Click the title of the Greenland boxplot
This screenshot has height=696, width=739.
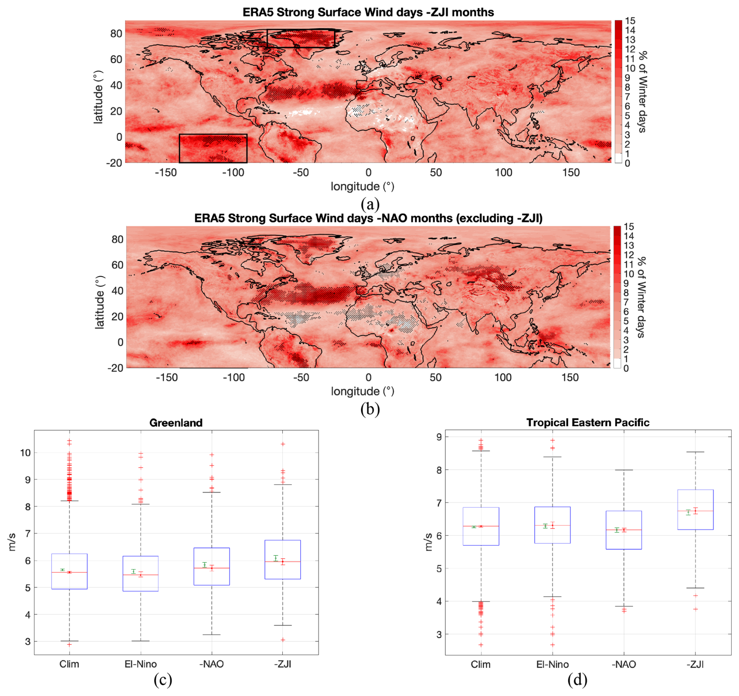click(x=176, y=423)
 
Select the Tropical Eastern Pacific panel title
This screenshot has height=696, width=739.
click(x=587, y=422)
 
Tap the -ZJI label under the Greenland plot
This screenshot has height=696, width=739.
click(x=282, y=664)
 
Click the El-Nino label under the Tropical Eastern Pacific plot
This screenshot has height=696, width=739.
click(x=552, y=664)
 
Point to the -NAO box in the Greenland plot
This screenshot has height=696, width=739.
click(x=212, y=566)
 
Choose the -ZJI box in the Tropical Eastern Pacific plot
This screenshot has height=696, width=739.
click(x=695, y=509)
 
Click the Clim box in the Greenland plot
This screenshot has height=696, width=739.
click(x=70, y=571)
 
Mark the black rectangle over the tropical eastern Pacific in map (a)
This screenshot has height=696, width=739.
click(x=213, y=148)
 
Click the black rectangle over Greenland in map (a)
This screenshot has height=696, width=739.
click(x=301, y=38)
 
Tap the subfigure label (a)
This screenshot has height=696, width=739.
click(x=370, y=203)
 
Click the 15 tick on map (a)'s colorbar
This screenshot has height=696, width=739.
click(x=630, y=21)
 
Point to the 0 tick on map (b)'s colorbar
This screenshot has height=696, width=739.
click(x=626, y=368)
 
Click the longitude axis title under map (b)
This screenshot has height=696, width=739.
click(x=362, y=391)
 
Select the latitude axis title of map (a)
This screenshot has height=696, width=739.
click(x=98, y=97)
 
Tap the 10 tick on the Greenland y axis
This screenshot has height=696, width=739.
click(x=25, y=453)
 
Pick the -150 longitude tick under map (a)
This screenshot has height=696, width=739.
click(x=166, y=173)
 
